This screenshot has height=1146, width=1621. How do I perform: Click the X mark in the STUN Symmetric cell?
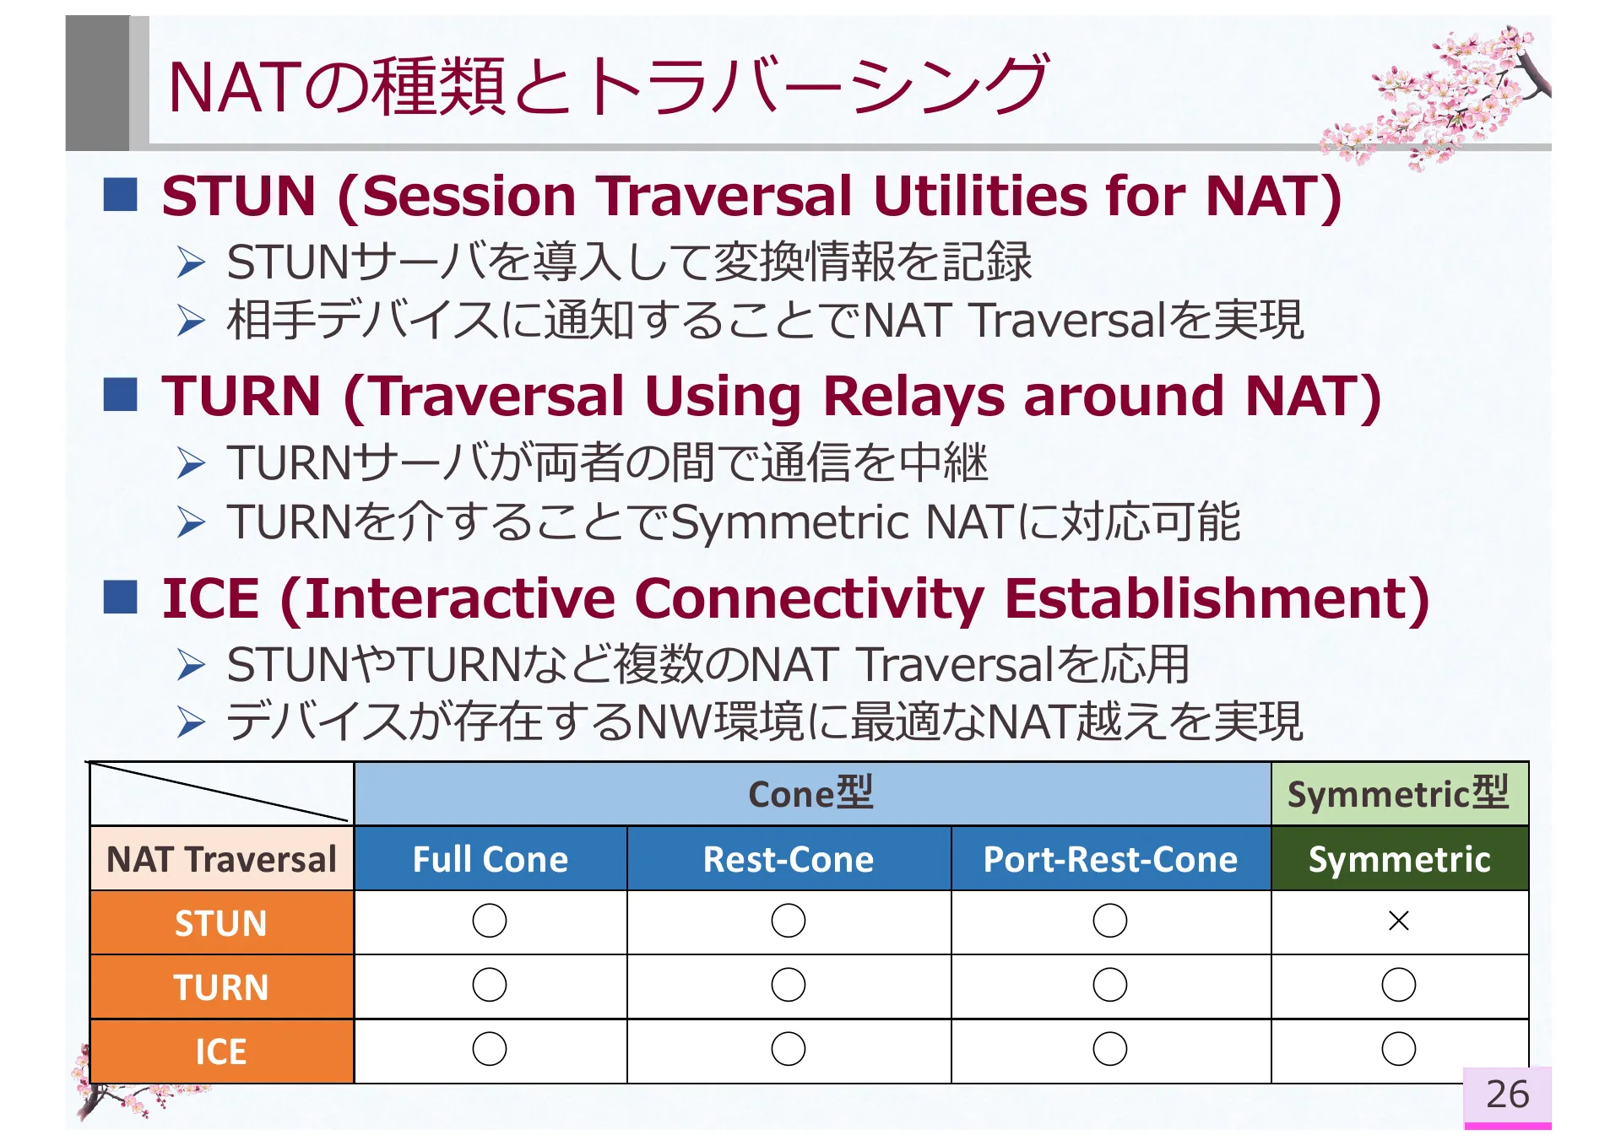(x=1398, y=921)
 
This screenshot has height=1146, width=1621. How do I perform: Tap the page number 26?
(x=1507, y=1095)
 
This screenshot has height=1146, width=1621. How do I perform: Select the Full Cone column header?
(x=490, y=859)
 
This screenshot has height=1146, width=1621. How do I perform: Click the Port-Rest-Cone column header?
(x=1110, y=859)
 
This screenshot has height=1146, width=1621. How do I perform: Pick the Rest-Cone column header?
(x=789, y=859)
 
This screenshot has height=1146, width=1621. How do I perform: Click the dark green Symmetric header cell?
(x=1399, y=859)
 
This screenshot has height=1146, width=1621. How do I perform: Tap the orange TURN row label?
(x=221, y=987)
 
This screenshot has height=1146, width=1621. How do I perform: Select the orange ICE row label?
(x=221, y=1051)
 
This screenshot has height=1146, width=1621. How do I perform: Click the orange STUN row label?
(x=221, y=923)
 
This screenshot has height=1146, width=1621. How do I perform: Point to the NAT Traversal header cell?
(x=221, y=859)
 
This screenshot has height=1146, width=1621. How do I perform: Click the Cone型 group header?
(x=810, y=794)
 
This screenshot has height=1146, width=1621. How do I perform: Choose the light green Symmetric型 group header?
(x=1398, y=794)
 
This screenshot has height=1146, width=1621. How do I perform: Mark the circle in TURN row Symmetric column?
(x=1398, y=985)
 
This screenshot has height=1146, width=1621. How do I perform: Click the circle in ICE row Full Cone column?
(x=490, y=1049)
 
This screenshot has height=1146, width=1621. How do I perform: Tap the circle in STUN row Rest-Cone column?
(x=789, y=921)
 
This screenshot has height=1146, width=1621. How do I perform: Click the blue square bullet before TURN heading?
(x=121, y=395)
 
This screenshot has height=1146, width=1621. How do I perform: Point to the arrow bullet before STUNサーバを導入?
(x=192, y=262)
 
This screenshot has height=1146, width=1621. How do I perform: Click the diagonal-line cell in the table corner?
(x=221, y=794)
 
